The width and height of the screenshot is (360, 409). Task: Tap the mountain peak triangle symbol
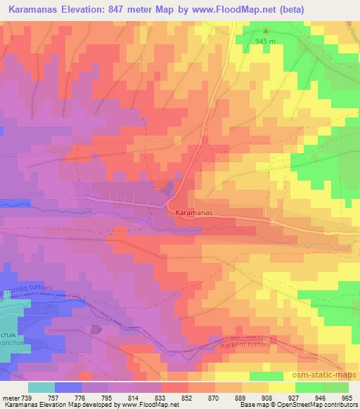pyautogui.click(x=266, y=30)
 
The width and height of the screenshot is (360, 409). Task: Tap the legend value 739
pyautogui.click(x=26, y=397)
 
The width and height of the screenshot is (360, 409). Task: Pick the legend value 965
pyautogui.click(x=348, y=397)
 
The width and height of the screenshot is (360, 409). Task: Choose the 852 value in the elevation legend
pyautogui.click(x=187, y=397)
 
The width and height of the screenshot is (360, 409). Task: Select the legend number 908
pyautogui.click(x=268, y=397)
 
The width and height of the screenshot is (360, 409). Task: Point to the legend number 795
pyautogui.click(x=106, y=397)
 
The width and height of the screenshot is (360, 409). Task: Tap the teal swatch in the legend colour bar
pyautogui.click(x=41, y=387)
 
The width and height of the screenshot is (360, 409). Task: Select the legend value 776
pyautogui.click(x=79, y=397)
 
